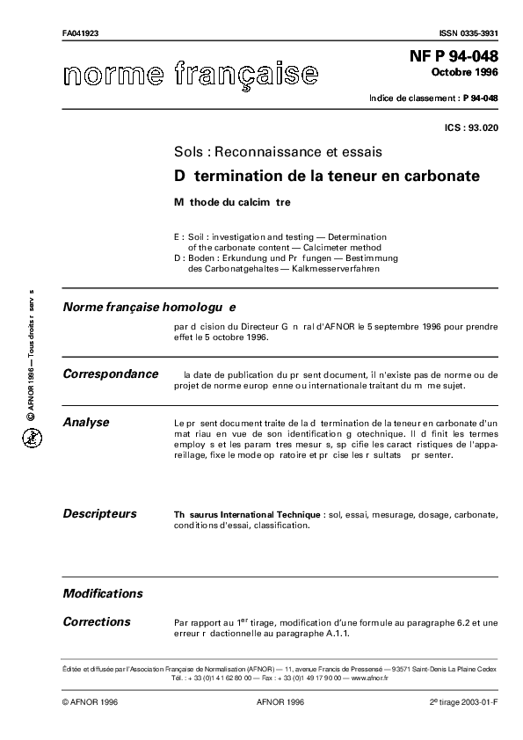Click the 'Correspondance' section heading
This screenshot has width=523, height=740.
(x=111, y=374)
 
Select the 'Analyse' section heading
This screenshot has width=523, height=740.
(x=86, y=423)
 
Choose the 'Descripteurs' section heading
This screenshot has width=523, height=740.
(x=99, y=512)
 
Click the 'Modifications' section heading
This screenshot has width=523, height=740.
(x=103, y=593)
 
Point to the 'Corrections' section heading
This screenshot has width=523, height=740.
(x=97, y=621)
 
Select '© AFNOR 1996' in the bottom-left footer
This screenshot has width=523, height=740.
(x=91, y=703)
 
